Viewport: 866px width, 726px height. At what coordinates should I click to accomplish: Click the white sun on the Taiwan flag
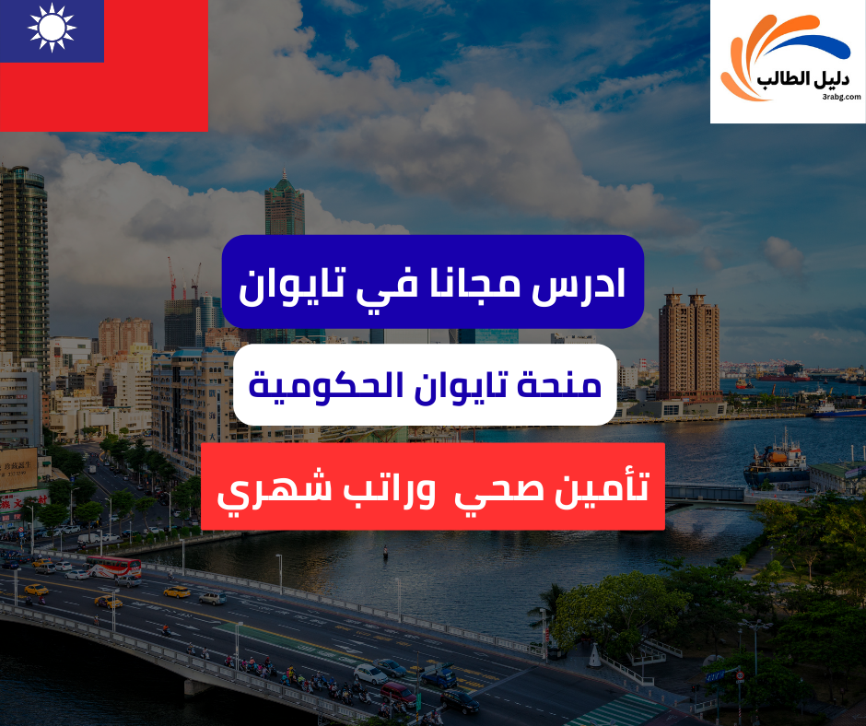pyautogui.click(x=52, y=27)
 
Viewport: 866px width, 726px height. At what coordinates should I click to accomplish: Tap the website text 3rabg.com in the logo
pyautogui.click(x=837, y=95)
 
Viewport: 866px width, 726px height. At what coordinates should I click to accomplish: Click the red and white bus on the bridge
pyautogui.click(x=113, y=566)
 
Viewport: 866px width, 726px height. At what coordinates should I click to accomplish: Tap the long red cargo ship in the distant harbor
pyautogui.click(x=782, y=375)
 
